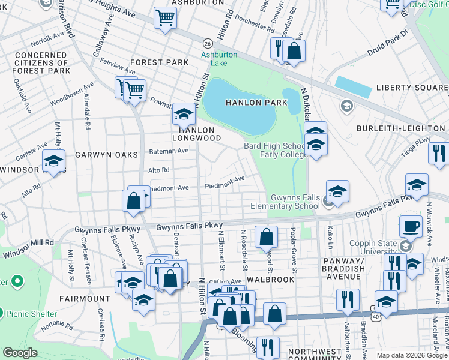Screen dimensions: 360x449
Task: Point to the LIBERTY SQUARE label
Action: pos(412,88)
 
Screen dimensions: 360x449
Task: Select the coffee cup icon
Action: pos(411,227)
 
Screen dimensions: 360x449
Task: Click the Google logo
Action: pos(20,352)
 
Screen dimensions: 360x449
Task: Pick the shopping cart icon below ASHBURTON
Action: pos(165,18)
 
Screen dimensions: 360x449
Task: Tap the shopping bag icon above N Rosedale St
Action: pos(266,237)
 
